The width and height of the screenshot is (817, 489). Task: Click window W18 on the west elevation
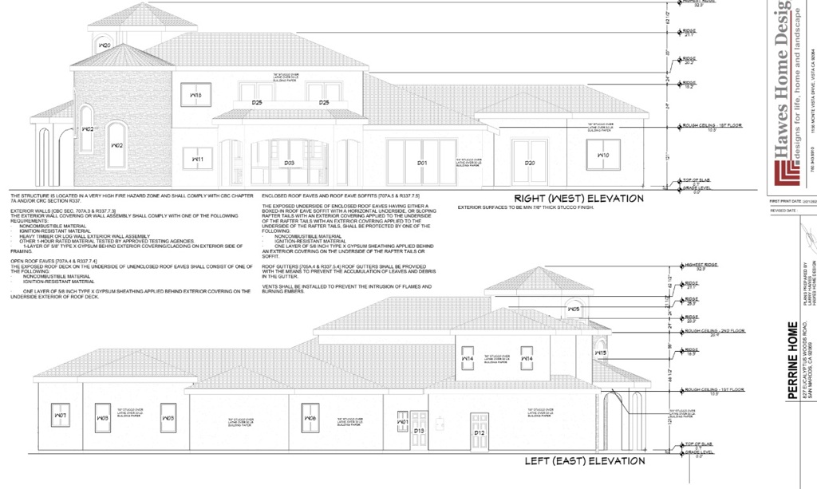195,95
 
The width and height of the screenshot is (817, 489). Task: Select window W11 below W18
197,159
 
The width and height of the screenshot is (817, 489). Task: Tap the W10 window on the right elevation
603,154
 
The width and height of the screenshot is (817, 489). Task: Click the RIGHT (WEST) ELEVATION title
578,199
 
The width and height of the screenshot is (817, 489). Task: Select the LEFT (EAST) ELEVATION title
584,461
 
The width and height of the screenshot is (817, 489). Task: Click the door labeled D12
480,432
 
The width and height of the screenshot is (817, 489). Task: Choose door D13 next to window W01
419,431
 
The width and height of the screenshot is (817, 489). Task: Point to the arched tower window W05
572,308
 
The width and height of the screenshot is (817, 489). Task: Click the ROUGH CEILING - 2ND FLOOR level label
703,330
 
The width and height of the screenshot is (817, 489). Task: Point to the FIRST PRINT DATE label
783,201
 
